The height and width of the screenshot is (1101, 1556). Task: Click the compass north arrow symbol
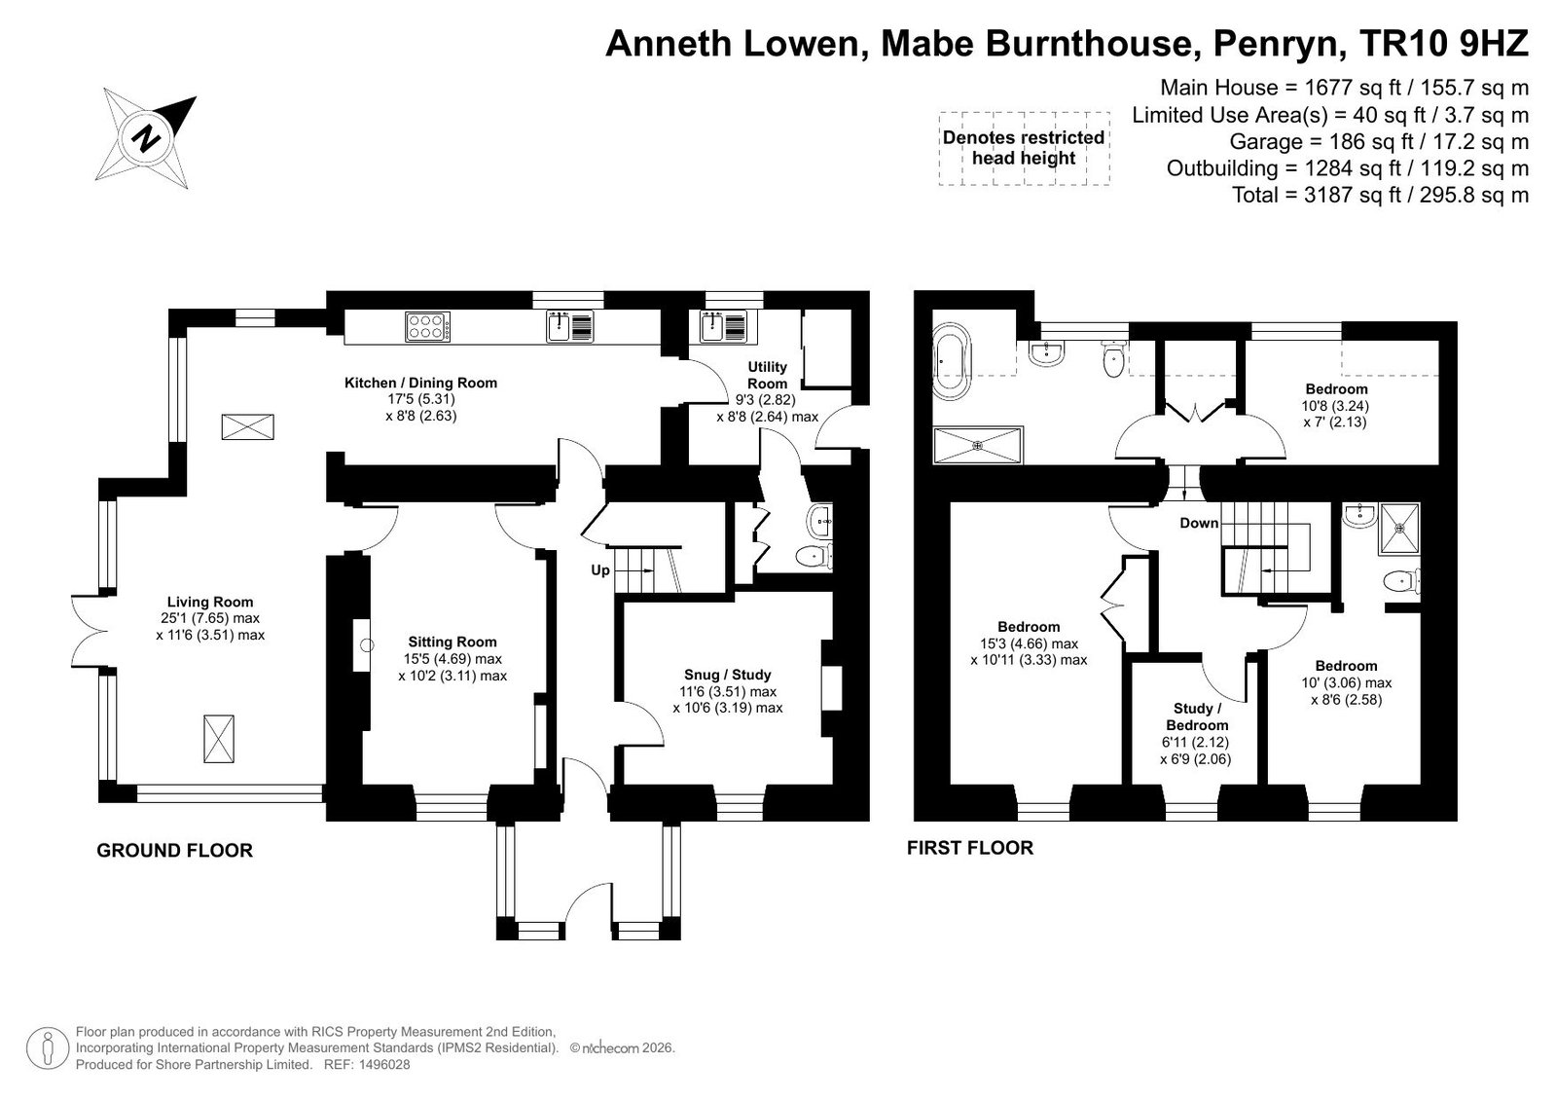pyautogui.click(x=146, y=137)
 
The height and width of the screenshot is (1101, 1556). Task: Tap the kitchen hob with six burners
pyautogui.click(x=428, y=327)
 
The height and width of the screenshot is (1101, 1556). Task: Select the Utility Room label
pyautogui.click(x=767, y=376)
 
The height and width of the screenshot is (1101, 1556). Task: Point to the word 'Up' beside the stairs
pyautogui.click(x=600, y=569)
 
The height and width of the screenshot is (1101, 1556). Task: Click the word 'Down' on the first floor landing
pyautogui.click(x=1199, y=523)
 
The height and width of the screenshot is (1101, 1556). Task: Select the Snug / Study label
pyautogui.click(x=727, y=675)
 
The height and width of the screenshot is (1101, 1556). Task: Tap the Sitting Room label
pyautogui.click(x=452, y=642)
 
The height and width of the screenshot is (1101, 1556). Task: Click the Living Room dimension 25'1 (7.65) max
pyautogui.click(x=210, y=618)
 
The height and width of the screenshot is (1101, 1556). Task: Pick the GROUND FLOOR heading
pyautogui.click(x=174, y=850)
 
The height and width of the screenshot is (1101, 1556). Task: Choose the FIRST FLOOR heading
pyautogui.click(x=970, y=847)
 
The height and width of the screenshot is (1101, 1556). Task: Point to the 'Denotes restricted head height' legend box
pyautogui.click(x=1024, y=148)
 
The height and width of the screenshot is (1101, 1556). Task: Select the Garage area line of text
pyautogui.click(x=1379, y=142)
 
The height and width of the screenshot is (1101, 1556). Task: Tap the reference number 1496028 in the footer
pyautogui.click(x=384, y=1064)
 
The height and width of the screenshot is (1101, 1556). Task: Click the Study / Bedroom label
pyautogui.click(x=1197, y=716)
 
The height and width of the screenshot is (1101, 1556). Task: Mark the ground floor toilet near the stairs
pyautogui.click(x=814, y=556)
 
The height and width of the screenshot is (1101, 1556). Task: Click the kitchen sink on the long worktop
pyautogui.click(x=570, y=327)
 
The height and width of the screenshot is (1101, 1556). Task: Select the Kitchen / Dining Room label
pyautogui.click(x=421, y=383)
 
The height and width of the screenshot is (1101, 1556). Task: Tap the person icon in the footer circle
pyautogui.click(x=48, y=1048)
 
